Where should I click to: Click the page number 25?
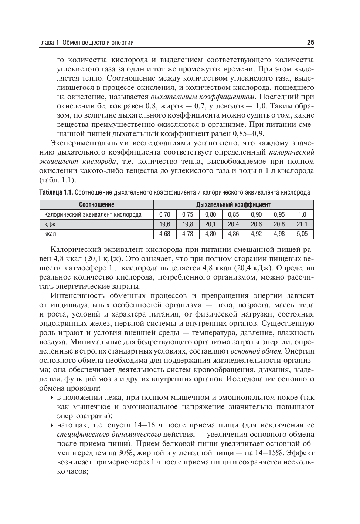(310, 43)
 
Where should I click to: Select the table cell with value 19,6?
(164, 224)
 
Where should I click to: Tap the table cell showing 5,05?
(302, 234)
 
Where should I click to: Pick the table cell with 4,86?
(233, 234)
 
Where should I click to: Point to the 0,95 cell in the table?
(279, 214)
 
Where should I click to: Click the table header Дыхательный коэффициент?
(233, 204)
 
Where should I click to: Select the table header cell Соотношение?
(96, 204)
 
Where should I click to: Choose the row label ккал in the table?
(50, 234)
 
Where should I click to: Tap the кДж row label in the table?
(50, 224)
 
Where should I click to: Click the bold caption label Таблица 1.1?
(56, 192)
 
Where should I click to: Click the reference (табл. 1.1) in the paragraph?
(58, 180)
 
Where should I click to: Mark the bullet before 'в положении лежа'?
(52, 398)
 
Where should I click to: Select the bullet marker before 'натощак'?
(52, 425)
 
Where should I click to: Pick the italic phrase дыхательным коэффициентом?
(203, 97)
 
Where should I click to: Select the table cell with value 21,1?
(302, 224)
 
